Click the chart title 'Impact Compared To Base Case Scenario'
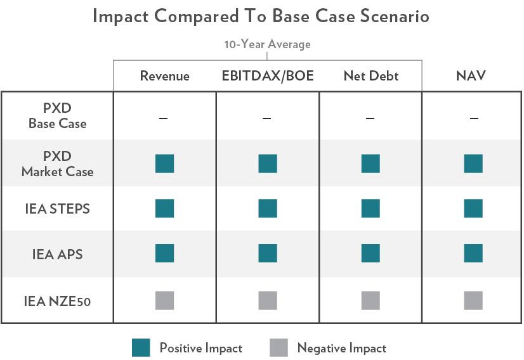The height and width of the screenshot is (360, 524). click(x=261, y=16)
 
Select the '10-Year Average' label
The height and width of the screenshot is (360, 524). click(x=267, y=45)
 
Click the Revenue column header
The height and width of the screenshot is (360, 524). click(x=164, y=76)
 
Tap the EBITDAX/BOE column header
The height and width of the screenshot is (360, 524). click(x=267, y=76)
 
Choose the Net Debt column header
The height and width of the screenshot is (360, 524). click(x=370, y=76)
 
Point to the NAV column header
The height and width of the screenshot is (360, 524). click(x=473, y=76)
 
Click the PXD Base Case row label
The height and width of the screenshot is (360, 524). click(x=57, y=116)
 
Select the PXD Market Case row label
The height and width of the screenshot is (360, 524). click(x=57, y=164)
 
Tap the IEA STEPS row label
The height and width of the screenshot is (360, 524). click(x=57, y=209)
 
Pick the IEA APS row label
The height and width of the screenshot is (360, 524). click(x=57, y=255)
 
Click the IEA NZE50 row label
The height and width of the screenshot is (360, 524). click(x=57, y=301)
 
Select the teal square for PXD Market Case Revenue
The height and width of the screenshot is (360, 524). click(x=164, y=164)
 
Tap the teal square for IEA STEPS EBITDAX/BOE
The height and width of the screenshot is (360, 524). click(x=267, y=209)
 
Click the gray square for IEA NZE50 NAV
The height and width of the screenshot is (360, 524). click(x=473, y=300)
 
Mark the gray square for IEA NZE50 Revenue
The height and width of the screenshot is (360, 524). click(x=164, y=300)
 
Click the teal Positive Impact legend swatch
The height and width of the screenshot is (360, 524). click(x=141, y=348)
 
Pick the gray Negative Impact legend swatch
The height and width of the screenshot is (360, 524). click(x=278, y=348)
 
